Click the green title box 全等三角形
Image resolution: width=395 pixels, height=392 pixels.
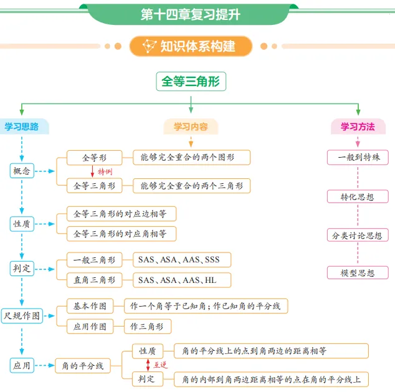191,82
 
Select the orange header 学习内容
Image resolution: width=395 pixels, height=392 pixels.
191,127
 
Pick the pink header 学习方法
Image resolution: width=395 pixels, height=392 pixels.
358,127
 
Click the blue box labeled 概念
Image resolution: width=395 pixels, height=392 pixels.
22,171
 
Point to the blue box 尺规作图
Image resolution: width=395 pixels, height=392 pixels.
22,316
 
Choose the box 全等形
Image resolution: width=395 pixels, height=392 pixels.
95,158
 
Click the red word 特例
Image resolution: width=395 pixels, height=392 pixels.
105,172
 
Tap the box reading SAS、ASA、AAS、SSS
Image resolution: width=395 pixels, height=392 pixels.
182,260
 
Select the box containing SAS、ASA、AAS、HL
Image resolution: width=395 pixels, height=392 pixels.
182,280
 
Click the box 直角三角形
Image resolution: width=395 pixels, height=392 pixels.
95,280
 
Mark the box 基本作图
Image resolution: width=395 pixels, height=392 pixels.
90,306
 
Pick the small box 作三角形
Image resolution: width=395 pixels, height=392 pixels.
148,327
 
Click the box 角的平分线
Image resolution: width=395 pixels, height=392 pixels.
83,366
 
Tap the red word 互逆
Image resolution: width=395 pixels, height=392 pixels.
161,365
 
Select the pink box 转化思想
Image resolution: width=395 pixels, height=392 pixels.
358,196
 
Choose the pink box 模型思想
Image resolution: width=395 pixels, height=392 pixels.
358,272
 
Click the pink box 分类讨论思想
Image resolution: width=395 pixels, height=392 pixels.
358,236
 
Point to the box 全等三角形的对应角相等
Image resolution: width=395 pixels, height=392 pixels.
121,234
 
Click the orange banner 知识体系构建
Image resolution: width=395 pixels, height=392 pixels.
191,46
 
